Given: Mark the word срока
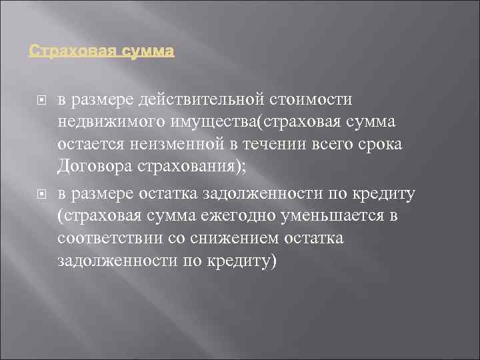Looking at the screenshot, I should (x=380, y=145).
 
